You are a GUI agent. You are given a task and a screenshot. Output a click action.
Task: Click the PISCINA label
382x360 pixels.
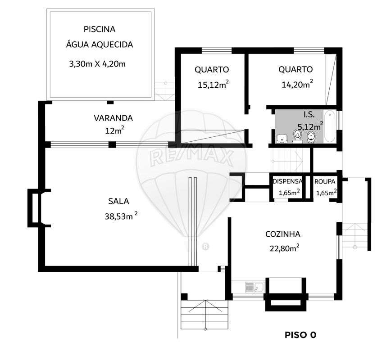coord(100,29)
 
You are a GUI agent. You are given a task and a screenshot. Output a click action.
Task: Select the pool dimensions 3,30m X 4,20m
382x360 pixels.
coord(97,64)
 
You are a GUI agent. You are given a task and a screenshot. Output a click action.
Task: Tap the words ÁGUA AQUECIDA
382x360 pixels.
coord(100,45)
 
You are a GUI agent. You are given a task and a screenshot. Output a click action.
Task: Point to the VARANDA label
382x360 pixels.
coord(113,118)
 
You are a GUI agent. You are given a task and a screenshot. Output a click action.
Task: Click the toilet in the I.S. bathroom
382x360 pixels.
coord(297,134)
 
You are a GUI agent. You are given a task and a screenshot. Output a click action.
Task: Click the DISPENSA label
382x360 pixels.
coord(287,182)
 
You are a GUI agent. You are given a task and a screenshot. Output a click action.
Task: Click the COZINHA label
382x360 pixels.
coord(283,234)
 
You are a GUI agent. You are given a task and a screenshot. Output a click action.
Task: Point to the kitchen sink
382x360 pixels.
coord(255,287)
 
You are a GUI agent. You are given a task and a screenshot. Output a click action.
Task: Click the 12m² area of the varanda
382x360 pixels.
coord(113,131)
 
